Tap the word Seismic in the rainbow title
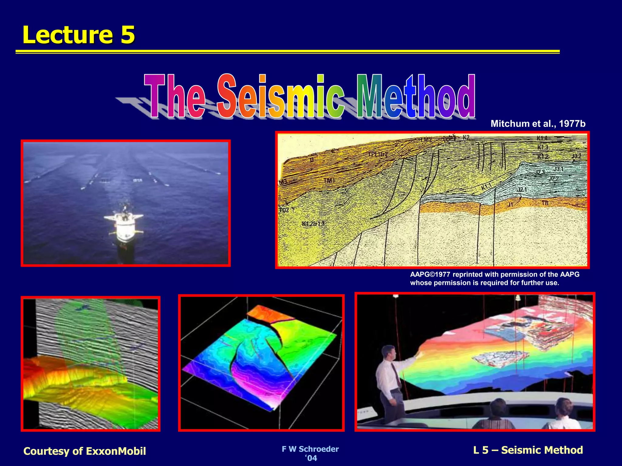pyautogui.click(x=281, y=96)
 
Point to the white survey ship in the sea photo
pyautogui.click(x=124, y=223)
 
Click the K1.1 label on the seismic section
pyautogui.click(x=486, y=187)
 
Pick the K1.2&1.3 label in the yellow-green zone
pyautogui.click(x=313, y=224)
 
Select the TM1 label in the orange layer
pyautogui.click(x=329, y=181)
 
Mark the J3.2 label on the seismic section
pyautogui.click(x=576, y=156)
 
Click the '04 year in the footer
pyautogui.click(x=311, y=458)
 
